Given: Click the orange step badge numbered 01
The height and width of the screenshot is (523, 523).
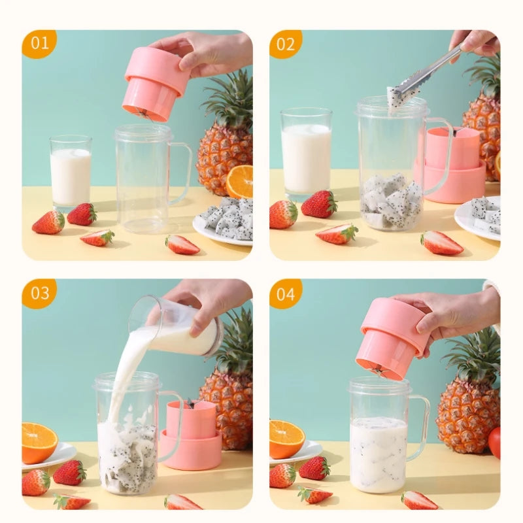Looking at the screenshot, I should click(x=39, y=44).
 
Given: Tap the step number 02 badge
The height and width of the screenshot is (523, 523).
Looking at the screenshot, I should click(x=286, y=44).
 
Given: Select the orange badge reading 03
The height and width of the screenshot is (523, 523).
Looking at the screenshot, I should click(x=39, y=294).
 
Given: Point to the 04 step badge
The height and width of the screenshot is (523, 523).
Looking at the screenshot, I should click(x=286, y=294).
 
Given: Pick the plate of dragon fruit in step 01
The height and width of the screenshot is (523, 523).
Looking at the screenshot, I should click(x=226, y=222).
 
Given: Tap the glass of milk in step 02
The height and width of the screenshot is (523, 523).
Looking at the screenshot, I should click(x=306, y=157).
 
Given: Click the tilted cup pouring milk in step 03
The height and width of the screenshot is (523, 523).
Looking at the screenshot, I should click(x=177, y=327).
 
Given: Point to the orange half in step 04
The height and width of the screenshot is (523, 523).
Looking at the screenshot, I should click(x=286, y=439).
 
